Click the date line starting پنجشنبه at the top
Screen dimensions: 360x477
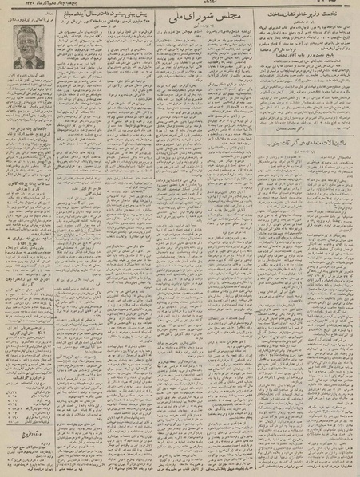coord(32,6)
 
